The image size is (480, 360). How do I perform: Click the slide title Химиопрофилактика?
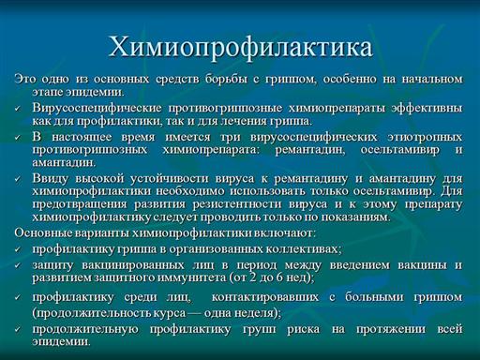tap(240, 47)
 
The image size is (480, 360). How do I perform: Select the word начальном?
tap(431, 79)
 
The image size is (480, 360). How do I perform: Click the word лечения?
tap(247, 121)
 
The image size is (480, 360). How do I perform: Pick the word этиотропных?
tap(425, 137)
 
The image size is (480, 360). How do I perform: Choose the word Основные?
tap(42, 232)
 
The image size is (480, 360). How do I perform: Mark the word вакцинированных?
tap(133, 265)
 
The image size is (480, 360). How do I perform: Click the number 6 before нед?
tap(279, 277)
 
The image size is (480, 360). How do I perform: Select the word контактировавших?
tap(265, 297)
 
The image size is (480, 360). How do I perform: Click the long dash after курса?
tap(195, 313)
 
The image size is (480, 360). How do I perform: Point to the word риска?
tap(304, 329)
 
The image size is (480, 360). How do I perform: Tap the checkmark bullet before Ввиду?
tap(18, 179)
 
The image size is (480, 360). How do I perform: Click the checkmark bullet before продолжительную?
tap(18, 330)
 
